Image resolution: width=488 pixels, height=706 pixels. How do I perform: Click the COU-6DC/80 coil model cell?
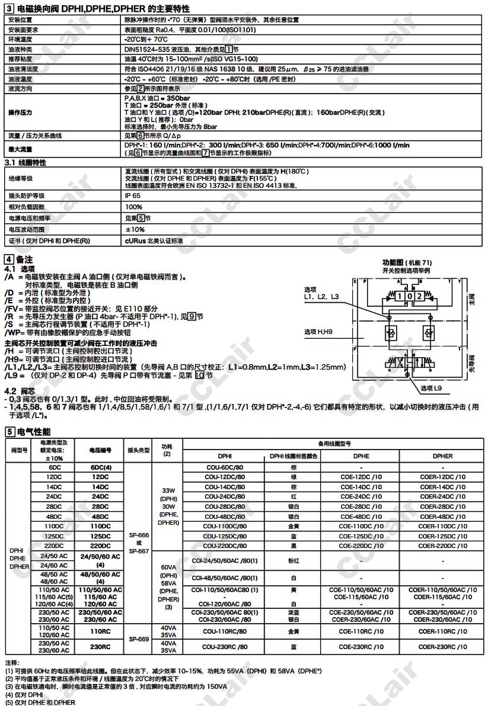tap(225, 467)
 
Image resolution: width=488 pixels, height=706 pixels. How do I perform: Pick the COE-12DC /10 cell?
tap(361, 476)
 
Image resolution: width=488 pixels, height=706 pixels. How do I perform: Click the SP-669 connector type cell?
tap(138, 639)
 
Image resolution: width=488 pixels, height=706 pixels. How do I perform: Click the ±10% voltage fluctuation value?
tap(135, 229)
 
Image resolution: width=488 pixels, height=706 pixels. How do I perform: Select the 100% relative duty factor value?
tap(133, 207)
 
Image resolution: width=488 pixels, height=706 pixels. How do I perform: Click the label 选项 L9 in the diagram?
tap(435, 389)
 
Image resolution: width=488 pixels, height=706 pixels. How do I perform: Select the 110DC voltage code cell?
tap(100, 525)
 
